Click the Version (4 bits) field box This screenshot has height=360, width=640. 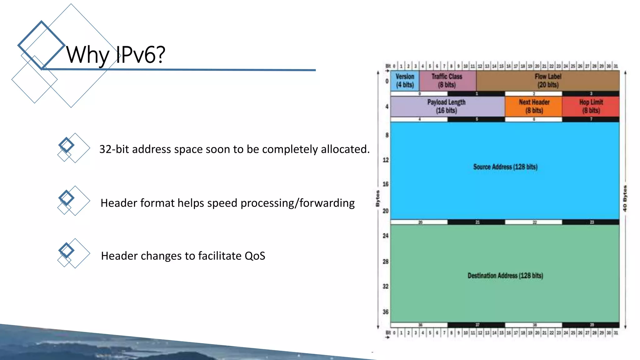pyautogui.click(x=405, y=81)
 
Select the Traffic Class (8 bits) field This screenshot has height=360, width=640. pyautogui.click(x=447, y=81)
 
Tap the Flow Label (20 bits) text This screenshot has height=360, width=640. pyautogui.click(x=548, y=81)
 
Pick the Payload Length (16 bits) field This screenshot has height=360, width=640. pyautogui.click(x=447, y=106)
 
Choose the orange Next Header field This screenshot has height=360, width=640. pyautogui.click(x=534, y=106)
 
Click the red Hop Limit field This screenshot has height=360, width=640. pyautogui.click(x=591, y=106)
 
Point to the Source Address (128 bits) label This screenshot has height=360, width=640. pyautogui.click(x=505, y=167)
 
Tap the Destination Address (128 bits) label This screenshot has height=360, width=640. pyautogui.click(x=505, y=276)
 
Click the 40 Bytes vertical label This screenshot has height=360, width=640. pyautogui.click(x=625, y=198)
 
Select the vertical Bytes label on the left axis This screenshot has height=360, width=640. pyautogui.click(x=377, y=198)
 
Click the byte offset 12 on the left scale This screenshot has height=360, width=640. pyautogui.click(x=386, y=160)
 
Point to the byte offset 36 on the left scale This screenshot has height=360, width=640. pyautogui.click(x=386, y=312)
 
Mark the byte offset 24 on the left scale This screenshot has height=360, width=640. pyautogui.click(x=386, y=236)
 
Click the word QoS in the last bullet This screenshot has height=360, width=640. pyautogui.click(x=255, y=256)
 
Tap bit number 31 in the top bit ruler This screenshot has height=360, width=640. pyautogui.click(x=616, y=66)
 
